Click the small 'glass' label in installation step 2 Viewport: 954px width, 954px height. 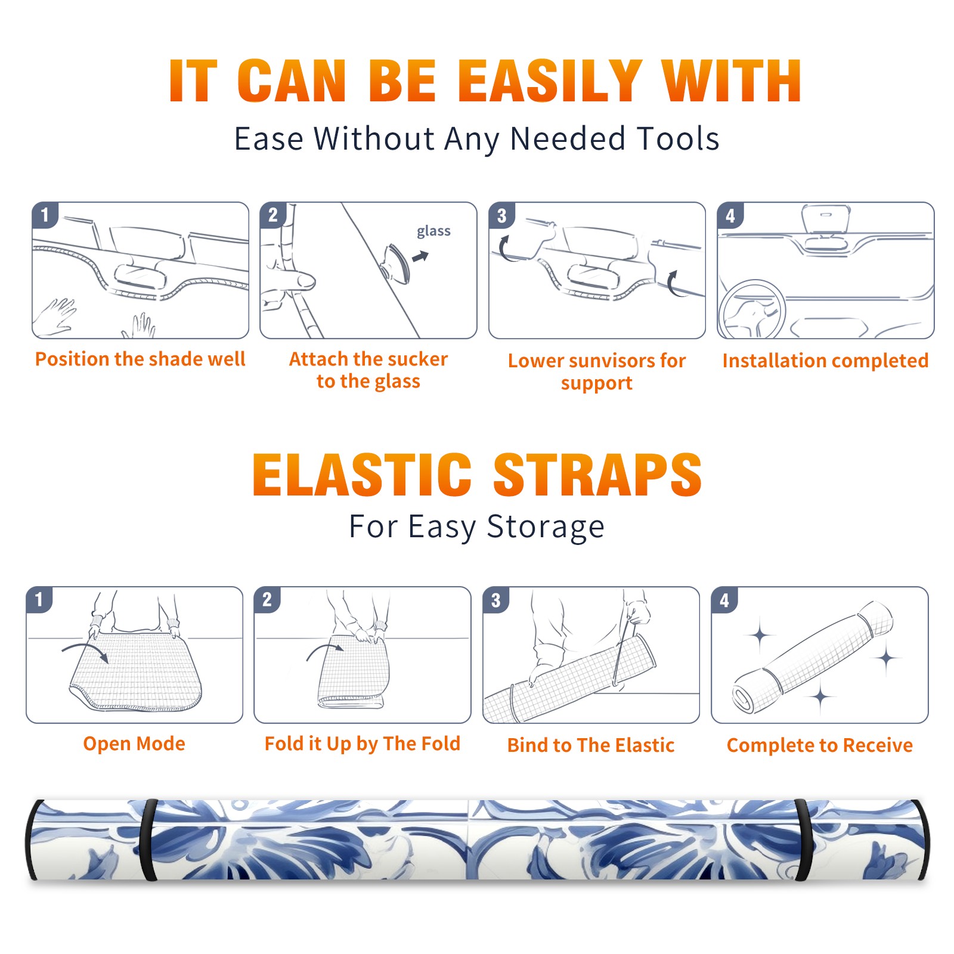tap(433, 231)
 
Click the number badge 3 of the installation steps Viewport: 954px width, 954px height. tap(501, 215)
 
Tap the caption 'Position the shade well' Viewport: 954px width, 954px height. tap(140, 359)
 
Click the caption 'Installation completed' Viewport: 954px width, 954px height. tap(825, 360)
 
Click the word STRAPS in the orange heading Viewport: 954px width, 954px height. tap(597, 475)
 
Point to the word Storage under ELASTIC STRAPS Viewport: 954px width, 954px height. tap(546, 527)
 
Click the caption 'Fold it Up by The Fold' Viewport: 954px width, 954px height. tap(363, 744)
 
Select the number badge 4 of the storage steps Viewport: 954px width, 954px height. tap(724, 600)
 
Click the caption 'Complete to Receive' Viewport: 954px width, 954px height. tap(820, 745)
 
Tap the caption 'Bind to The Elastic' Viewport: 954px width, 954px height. tap(591, 745)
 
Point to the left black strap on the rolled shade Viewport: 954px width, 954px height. tap(148, 840)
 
